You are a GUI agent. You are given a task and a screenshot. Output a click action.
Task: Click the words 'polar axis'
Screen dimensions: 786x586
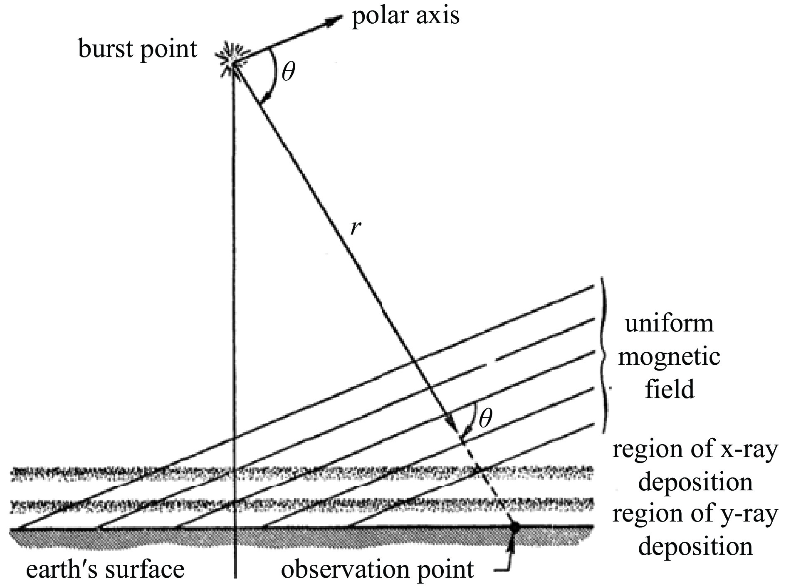pos(405,16)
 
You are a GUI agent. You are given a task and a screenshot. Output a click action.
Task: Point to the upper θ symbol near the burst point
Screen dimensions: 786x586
pos(288,72)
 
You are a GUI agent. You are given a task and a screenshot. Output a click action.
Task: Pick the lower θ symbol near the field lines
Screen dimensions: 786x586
pos(485,419)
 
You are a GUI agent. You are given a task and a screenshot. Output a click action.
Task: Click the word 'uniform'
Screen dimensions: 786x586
pos(669,324)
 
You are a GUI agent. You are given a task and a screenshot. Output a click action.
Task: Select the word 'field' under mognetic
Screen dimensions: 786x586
pos(670,389)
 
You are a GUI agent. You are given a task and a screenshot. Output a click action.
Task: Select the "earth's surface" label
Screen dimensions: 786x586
pos(105,569)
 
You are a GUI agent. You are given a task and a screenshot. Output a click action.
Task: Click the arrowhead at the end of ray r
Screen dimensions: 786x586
pos(453,428)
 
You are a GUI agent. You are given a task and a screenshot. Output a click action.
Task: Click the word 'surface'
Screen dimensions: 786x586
pos(144,569)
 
